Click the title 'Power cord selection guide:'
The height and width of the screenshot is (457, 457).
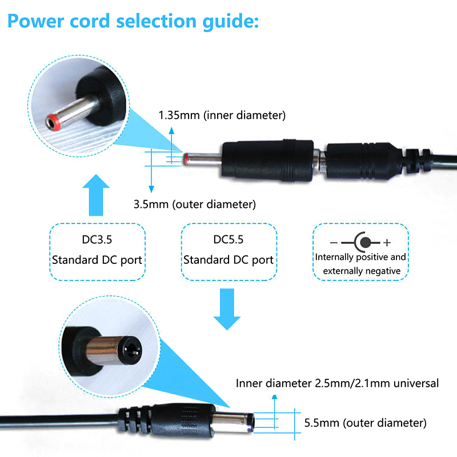click(133, 21)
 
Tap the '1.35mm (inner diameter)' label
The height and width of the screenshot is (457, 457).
click(222, 115)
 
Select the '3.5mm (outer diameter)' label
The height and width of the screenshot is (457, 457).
click(195, 204)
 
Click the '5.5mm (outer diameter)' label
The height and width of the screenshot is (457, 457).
click(365, 423)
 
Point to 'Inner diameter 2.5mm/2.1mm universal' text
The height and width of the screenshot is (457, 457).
click(337, 383)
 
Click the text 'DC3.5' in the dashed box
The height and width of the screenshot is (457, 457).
click(97, 239)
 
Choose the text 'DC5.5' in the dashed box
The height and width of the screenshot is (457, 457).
click(228, 239)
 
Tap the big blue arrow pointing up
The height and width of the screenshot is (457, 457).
click(96, 195)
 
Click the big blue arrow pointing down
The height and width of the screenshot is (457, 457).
click(227, 309)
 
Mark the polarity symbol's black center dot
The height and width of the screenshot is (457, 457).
click(366, 242)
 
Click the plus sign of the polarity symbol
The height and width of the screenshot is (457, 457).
click(387, 242)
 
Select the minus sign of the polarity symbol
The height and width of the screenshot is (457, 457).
click(334, 242)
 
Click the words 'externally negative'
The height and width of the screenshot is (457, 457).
click(362, 271)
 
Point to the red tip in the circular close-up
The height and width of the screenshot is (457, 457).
click(53, 123)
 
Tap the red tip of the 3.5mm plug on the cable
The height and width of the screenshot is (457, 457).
click(185, 159)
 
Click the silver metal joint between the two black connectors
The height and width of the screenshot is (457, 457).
click(320, 161)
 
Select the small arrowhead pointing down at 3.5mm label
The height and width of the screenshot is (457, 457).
click(151, 190)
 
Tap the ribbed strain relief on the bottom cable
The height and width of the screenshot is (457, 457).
click(135, 420)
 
